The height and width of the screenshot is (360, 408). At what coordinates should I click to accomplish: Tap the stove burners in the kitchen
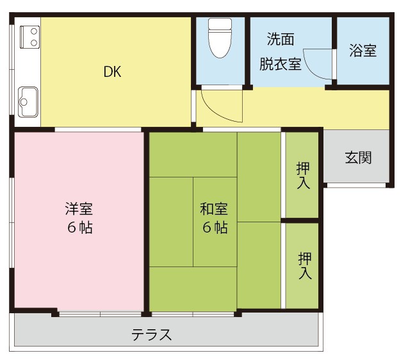tap(29, 36)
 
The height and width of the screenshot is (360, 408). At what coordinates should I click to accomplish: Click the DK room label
tap(113, 72)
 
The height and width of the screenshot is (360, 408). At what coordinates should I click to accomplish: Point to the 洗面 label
tap(280, 39)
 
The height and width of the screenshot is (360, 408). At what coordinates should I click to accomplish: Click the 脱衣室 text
tap(280, 64)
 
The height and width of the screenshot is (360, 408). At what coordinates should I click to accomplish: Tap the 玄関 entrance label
tap(358, 157)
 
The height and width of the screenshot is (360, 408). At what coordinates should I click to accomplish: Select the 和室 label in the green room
tap(214, 209)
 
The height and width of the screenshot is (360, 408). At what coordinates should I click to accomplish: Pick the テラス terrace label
tap(152, 334)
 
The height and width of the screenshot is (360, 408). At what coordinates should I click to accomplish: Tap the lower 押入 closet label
tap(305, 265)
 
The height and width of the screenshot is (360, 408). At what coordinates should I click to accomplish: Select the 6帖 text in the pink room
tap(79, 227)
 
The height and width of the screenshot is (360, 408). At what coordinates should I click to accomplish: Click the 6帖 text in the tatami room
tap(215, 227)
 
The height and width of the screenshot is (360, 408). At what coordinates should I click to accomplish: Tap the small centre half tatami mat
tap(215, 221)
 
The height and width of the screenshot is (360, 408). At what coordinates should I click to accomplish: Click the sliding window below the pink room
tap(100, 314)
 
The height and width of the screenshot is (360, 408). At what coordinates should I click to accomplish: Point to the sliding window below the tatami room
tap(193, 314)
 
